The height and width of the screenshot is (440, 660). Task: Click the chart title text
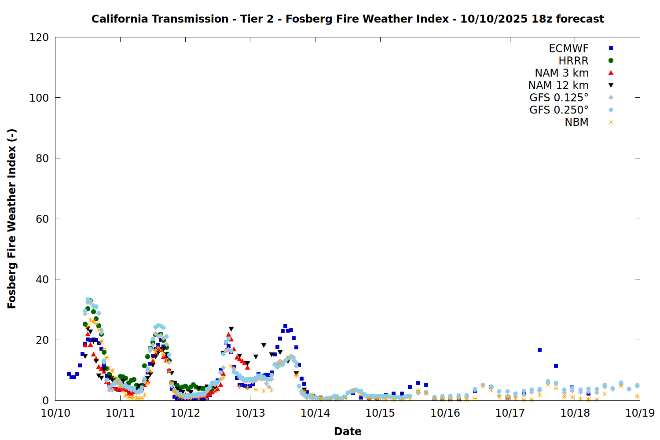(348, 19)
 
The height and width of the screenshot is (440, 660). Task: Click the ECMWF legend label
(568, 48)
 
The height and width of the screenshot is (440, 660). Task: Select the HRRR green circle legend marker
(611, 61)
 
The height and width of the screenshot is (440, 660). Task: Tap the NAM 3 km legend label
(561, 73)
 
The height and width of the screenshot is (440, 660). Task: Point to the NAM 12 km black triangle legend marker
(611, 85)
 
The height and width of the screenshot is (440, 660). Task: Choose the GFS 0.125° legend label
(559, 98)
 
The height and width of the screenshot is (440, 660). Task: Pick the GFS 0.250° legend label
(559, 110)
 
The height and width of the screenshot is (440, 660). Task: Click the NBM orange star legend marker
(611, 122)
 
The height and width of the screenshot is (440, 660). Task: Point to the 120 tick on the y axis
(39, 37)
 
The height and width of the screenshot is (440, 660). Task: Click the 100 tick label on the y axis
(39, 98)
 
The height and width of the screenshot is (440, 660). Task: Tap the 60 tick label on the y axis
(42, 219)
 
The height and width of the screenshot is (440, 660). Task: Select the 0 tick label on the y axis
(45, 400)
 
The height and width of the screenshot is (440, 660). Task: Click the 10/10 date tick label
(55, 413)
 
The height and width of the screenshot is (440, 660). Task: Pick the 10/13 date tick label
(250, 413)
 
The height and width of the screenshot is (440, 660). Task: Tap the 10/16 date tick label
(445, 413)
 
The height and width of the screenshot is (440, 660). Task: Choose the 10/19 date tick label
(640, 413)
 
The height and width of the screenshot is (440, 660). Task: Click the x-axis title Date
(348, 431)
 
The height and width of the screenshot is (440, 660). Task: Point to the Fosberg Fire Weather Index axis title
(12, 219)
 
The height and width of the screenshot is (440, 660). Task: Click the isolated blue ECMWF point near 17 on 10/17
(539, 350)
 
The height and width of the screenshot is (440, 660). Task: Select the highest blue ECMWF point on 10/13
(285, 326)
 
